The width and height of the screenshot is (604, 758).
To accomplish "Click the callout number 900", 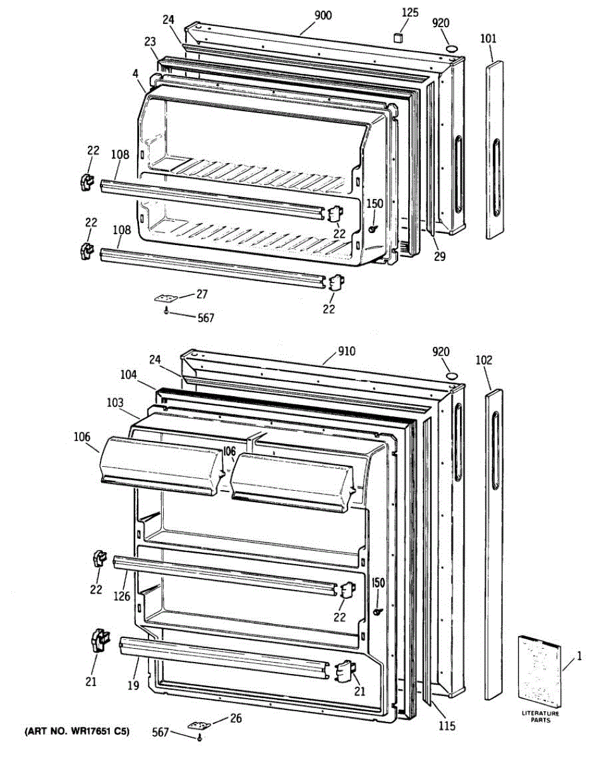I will pos(322,16).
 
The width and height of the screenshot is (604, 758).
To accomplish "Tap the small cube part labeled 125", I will pos(398,38).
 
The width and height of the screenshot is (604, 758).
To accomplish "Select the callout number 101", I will pos(488,39).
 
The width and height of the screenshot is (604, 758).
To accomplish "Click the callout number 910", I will pos(346,351).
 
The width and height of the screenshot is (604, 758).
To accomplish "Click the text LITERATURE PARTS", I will pos(540,716).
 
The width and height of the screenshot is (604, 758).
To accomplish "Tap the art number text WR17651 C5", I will pos(77,731).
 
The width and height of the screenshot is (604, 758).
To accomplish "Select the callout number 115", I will pos(447,726).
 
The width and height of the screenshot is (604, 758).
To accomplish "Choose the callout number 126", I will pos(121,595).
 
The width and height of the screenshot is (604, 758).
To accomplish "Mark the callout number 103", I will pos(115,402).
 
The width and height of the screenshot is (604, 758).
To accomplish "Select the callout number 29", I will pos(440,256).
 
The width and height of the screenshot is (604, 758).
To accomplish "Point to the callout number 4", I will pos(135,73).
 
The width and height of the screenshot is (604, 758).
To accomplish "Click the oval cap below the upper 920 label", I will pos(452,49).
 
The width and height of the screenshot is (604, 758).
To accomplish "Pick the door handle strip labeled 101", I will pos(497,150).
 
